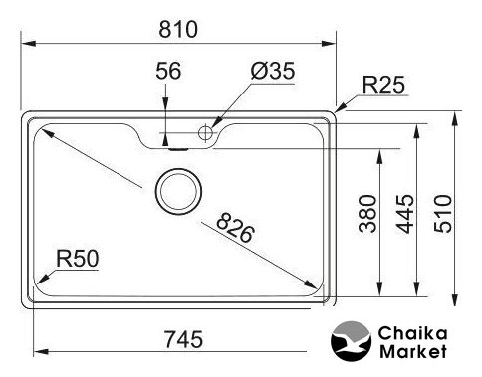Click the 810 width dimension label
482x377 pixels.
178,29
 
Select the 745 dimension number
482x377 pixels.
183,339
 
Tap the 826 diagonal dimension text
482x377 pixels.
235,228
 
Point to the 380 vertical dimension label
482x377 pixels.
368,214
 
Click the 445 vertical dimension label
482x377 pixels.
405,214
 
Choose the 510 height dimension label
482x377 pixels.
443,214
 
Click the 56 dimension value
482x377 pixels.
168,71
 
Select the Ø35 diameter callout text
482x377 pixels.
273,71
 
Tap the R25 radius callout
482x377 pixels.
383,85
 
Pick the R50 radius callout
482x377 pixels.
78,259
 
